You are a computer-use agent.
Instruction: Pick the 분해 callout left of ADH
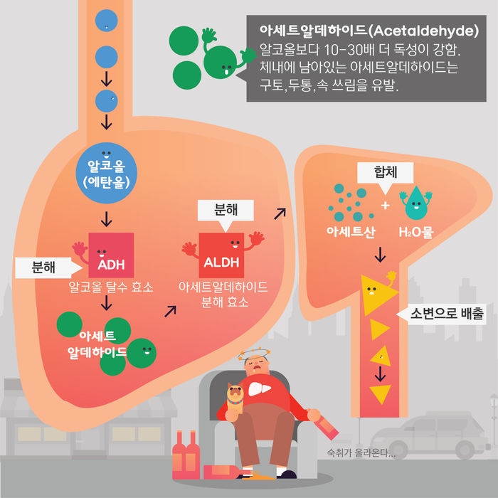[x=44, y=267]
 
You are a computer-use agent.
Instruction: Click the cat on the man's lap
[x=234, y=399]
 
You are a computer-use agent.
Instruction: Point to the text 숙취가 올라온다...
[x=360, y=452]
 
